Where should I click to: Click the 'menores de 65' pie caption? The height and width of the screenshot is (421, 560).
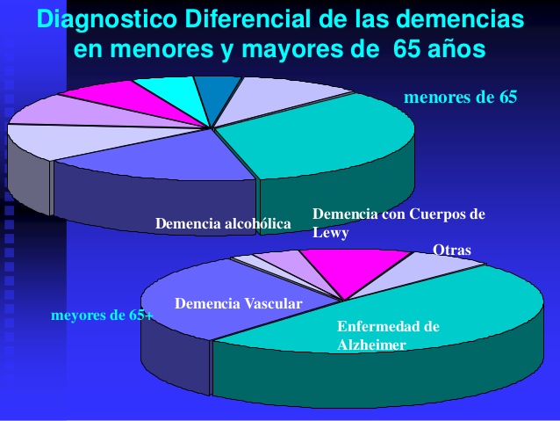pos(460,97)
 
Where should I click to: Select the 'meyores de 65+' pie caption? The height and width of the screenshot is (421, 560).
pos(103,316)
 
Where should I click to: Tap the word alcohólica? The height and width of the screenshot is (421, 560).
pos(257,223)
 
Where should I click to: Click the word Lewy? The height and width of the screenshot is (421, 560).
pos(330,233)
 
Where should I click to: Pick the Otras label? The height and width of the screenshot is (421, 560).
pos(452,250)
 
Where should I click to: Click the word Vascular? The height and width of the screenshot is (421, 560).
pos(273,304)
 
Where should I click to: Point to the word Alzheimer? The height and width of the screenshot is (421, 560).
pos(371,345)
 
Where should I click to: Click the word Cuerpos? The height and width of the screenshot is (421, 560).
pos(437,214)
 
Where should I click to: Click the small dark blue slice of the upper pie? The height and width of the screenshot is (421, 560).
pos(216,94)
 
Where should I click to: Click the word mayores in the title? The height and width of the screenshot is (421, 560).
pos(310,50)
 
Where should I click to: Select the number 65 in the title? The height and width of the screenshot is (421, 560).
pos(406,48)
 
